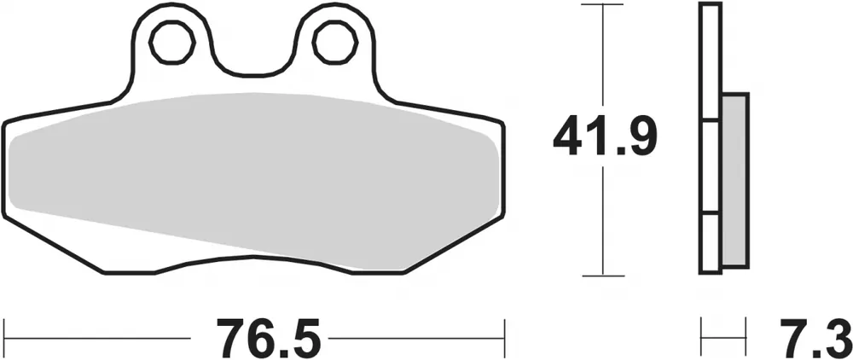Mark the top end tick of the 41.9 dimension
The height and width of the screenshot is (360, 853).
(604, 5)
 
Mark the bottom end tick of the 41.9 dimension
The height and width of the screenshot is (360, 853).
(604, 276)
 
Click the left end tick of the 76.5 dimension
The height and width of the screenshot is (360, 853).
(6, 339)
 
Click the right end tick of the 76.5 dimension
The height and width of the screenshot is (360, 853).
(506, 339)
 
